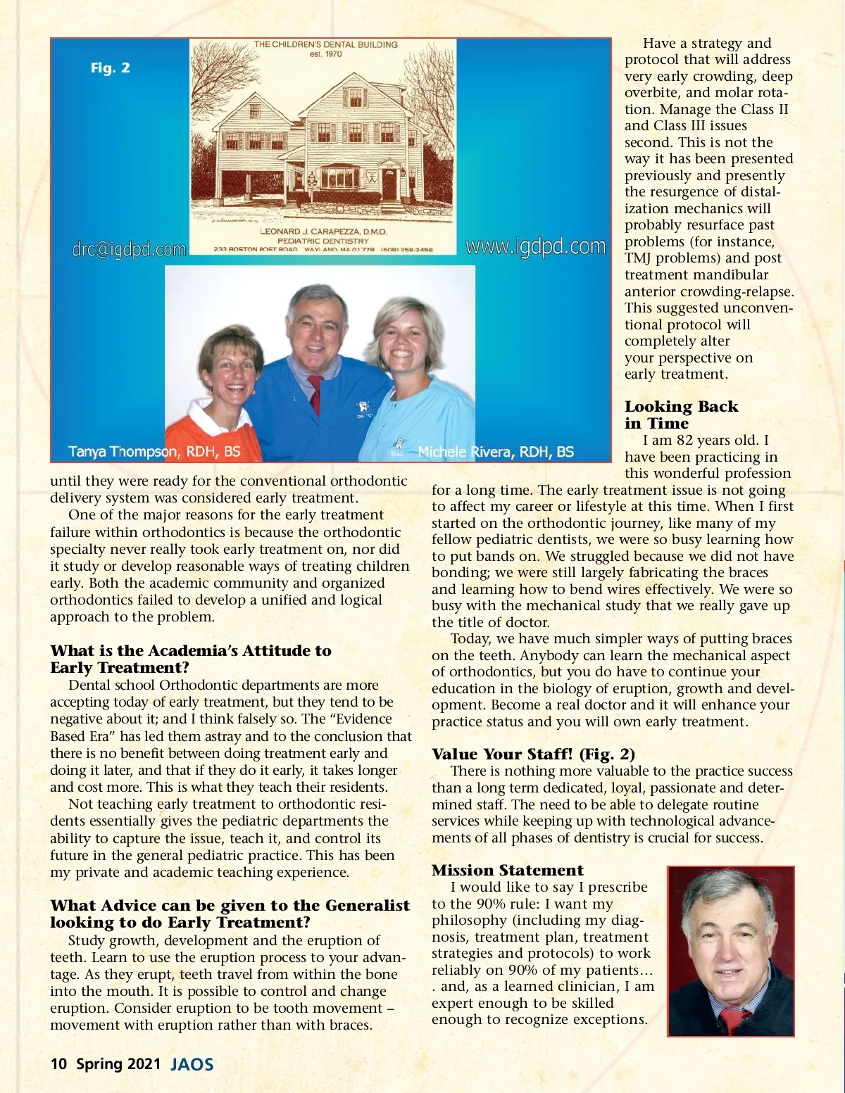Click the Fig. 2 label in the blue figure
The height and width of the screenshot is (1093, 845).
pyautogui.click(x=111, y=68)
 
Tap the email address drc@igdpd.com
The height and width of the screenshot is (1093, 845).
pyautogui.click(x=129, y=249)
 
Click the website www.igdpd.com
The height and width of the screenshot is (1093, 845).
pyautogui.click(x=535, y=246)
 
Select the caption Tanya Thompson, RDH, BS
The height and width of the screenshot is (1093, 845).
pyautogui.click(x=154, y=451)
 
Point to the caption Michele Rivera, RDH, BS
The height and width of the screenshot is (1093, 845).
pyautogui.click(x=496, y=452)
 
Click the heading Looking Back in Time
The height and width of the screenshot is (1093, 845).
pyautogui.click(x=681, y=415)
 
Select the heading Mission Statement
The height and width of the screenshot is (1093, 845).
pyautogui.click(x=508, y=870)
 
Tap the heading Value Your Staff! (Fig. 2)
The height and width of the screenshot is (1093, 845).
pyautogui.click(x=533, y=754)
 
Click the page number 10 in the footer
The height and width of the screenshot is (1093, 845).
pyautogui.click(x=58, y=1063)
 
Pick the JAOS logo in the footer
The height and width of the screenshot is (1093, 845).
pyautogui.click(x=192, y=1064)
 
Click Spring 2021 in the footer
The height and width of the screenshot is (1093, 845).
pyautogui.click(x=118, y=1063)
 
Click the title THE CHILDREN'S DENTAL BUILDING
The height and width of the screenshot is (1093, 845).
pyautogui.click(x=325, y=45)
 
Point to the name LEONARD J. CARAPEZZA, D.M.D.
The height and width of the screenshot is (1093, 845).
pyautogui.click(x=323, y=232)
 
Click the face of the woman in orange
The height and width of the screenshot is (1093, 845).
pyautogui.click(x=228, y=372)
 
